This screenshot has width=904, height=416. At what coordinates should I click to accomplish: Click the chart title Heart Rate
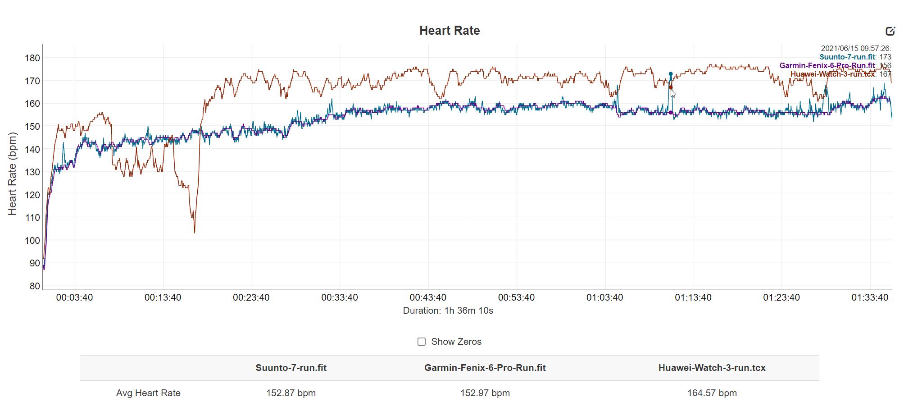(x=449, y=31)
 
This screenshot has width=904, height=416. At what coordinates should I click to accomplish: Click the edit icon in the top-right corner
(x=890, y=31)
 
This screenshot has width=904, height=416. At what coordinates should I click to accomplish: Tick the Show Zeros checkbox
(x=422, y=342)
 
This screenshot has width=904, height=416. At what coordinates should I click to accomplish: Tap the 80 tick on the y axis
(x=35, y=286)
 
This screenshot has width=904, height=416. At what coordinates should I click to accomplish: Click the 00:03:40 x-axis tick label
(x=74, y=297)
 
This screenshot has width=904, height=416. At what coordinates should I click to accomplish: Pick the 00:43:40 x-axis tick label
(x=428, y=297)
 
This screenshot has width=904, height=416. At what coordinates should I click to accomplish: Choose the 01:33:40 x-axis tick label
(x=869, y=297)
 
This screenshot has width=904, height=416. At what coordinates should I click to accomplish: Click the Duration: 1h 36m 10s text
(x=448, y=311)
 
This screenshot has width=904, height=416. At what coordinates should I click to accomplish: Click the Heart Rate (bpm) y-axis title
(x=12, y=174)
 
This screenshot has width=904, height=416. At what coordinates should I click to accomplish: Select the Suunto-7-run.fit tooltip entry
(x=847, y=57)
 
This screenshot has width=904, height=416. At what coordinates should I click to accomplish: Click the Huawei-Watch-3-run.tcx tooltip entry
(x=832, y=74)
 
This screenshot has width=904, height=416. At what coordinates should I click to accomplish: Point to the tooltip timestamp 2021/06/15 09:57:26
(x=855, y=49)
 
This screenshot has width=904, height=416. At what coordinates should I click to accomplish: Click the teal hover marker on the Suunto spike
(x=671, y=74)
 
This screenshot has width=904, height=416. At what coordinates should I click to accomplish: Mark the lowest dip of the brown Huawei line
(x=195, y=232)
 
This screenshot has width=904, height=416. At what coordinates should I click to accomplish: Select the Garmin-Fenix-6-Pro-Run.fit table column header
(x=485, y=368)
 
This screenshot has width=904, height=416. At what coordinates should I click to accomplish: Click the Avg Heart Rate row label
(x=148, y=393)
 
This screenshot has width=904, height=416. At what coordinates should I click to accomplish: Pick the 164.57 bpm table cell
(x=712, y=393)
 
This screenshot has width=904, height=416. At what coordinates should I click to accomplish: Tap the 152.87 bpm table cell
(x=291, y=393)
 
